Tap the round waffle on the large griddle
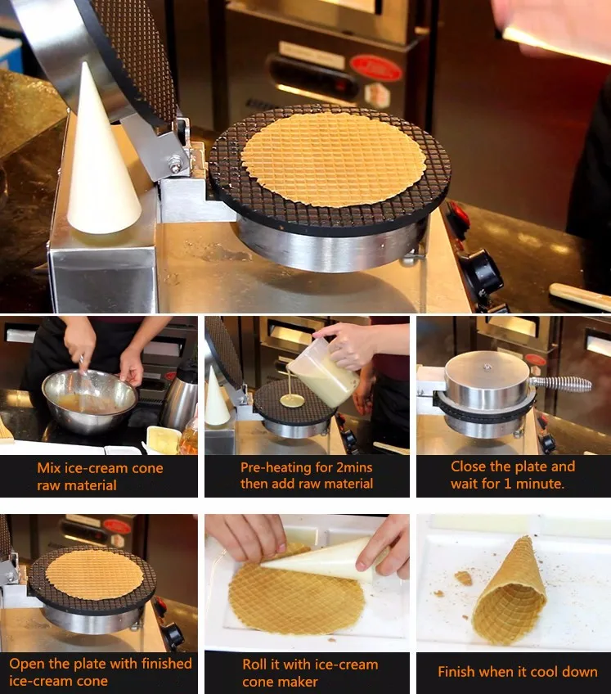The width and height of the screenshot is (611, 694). tap(334, 159)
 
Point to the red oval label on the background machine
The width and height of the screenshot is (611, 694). tap(375, 68)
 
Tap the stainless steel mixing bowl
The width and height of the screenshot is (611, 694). tap(90, 400)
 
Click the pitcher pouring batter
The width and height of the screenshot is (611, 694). tap(323, 371)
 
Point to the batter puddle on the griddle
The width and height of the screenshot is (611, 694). tap(293, 401)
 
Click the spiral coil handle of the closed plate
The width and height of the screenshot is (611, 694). tap(560, 383)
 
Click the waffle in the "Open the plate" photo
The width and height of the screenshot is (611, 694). tap(95, 575)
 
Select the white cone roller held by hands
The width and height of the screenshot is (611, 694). tap(325, 560)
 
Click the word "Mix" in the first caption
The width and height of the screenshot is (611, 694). tap(49, 468)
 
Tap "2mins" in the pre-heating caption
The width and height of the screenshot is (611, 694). tap(353, 467)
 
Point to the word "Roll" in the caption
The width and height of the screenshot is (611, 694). tap(254, 665)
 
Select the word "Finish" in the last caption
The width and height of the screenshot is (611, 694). tap(456, 671)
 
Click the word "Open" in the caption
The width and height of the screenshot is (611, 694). tap(27, 665)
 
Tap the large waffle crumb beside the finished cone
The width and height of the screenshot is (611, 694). tap(464, 578)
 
